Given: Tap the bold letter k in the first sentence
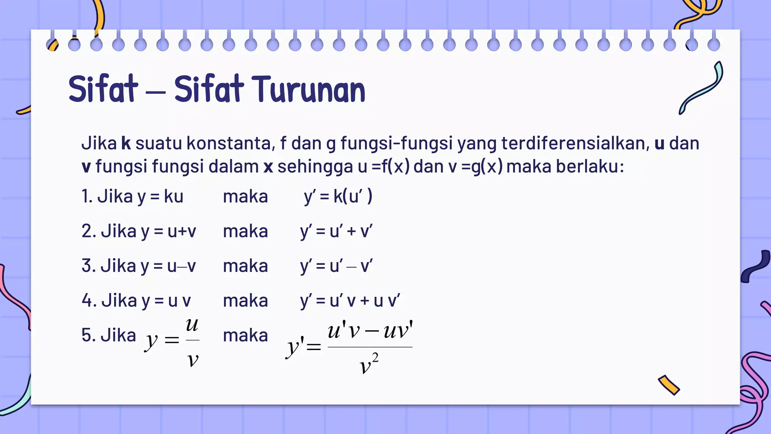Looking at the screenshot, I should coord(126,144).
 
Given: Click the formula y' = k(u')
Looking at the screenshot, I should coord(338,197).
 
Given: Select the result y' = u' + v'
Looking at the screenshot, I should coord(336,231).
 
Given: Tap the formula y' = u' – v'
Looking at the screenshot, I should coord(336,266).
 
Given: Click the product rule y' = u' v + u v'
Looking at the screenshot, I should coord(350,301).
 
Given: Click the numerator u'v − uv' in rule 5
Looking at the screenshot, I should coord(370,331).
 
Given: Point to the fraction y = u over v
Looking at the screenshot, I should coord(172,341).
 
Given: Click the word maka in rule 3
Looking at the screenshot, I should coord(245,266).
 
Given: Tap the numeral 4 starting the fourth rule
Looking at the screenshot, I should coord(87,301).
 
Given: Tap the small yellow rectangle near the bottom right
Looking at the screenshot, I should coord(669,385).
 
